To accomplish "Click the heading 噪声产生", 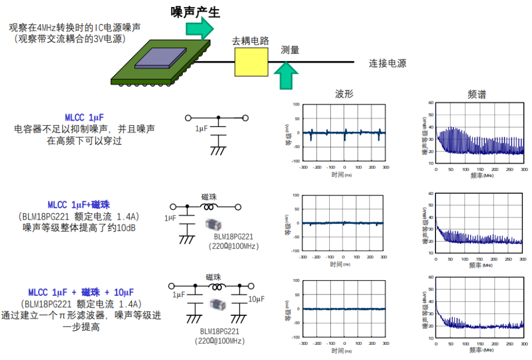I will click(x=195, y=11).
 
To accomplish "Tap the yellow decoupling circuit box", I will click(x=251, y=63).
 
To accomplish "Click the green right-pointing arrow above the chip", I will click(x=203, y=28).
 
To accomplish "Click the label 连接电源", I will click(x=387, y=63).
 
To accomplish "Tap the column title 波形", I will click(x=344, y=94).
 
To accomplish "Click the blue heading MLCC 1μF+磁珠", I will click(x=79, y=205).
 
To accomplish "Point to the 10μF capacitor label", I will click(x=256, y=298).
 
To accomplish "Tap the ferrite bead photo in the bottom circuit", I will click(x=217, y=304).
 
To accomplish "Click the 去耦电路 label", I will click(x=250, y=41).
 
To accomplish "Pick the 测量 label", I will click(x=290, y=50).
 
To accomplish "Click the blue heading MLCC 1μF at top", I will click(x=84, y=117).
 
